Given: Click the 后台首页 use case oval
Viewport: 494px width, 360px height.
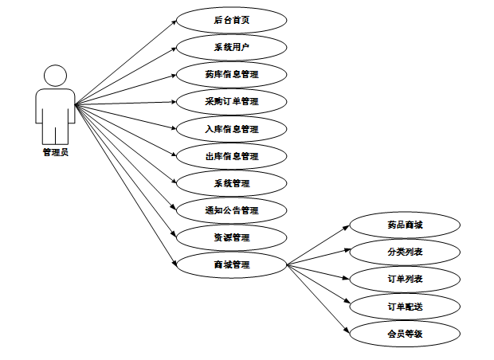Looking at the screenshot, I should tap(231, 20).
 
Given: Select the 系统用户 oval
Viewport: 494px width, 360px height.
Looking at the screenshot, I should tap(231, 47).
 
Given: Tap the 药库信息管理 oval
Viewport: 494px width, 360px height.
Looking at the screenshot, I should tap(231, 75).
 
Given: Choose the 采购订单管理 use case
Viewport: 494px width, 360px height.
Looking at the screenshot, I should tap(231, 102).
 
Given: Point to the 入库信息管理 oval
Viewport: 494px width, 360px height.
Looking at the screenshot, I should tap(231, 129).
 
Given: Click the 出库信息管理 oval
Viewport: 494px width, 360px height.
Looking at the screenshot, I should tap(231, 156).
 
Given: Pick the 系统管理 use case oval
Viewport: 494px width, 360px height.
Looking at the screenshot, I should tap(231, 183).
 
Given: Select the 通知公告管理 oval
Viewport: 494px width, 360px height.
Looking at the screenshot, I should tap(231, 211).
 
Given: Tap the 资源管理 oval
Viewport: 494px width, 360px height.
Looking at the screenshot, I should tap(231, 237).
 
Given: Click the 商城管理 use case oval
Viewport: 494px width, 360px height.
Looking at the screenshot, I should tap(231, 264).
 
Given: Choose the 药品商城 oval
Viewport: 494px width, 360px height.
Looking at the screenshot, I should tap(405, 225).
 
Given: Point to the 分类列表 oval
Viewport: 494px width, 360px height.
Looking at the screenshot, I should tap(405, 252).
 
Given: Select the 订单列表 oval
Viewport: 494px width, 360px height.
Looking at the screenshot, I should tap(405, 280).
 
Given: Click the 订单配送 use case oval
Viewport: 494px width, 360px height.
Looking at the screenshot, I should tap(405, 307).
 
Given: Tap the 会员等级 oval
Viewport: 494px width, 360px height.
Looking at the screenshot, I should tap(405, 334).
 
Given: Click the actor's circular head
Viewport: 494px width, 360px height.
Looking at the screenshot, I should tap(55, 76).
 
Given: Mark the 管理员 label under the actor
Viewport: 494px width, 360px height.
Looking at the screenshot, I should tap(55, 152).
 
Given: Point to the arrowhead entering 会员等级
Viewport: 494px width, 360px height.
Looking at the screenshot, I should tap(347, 331).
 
